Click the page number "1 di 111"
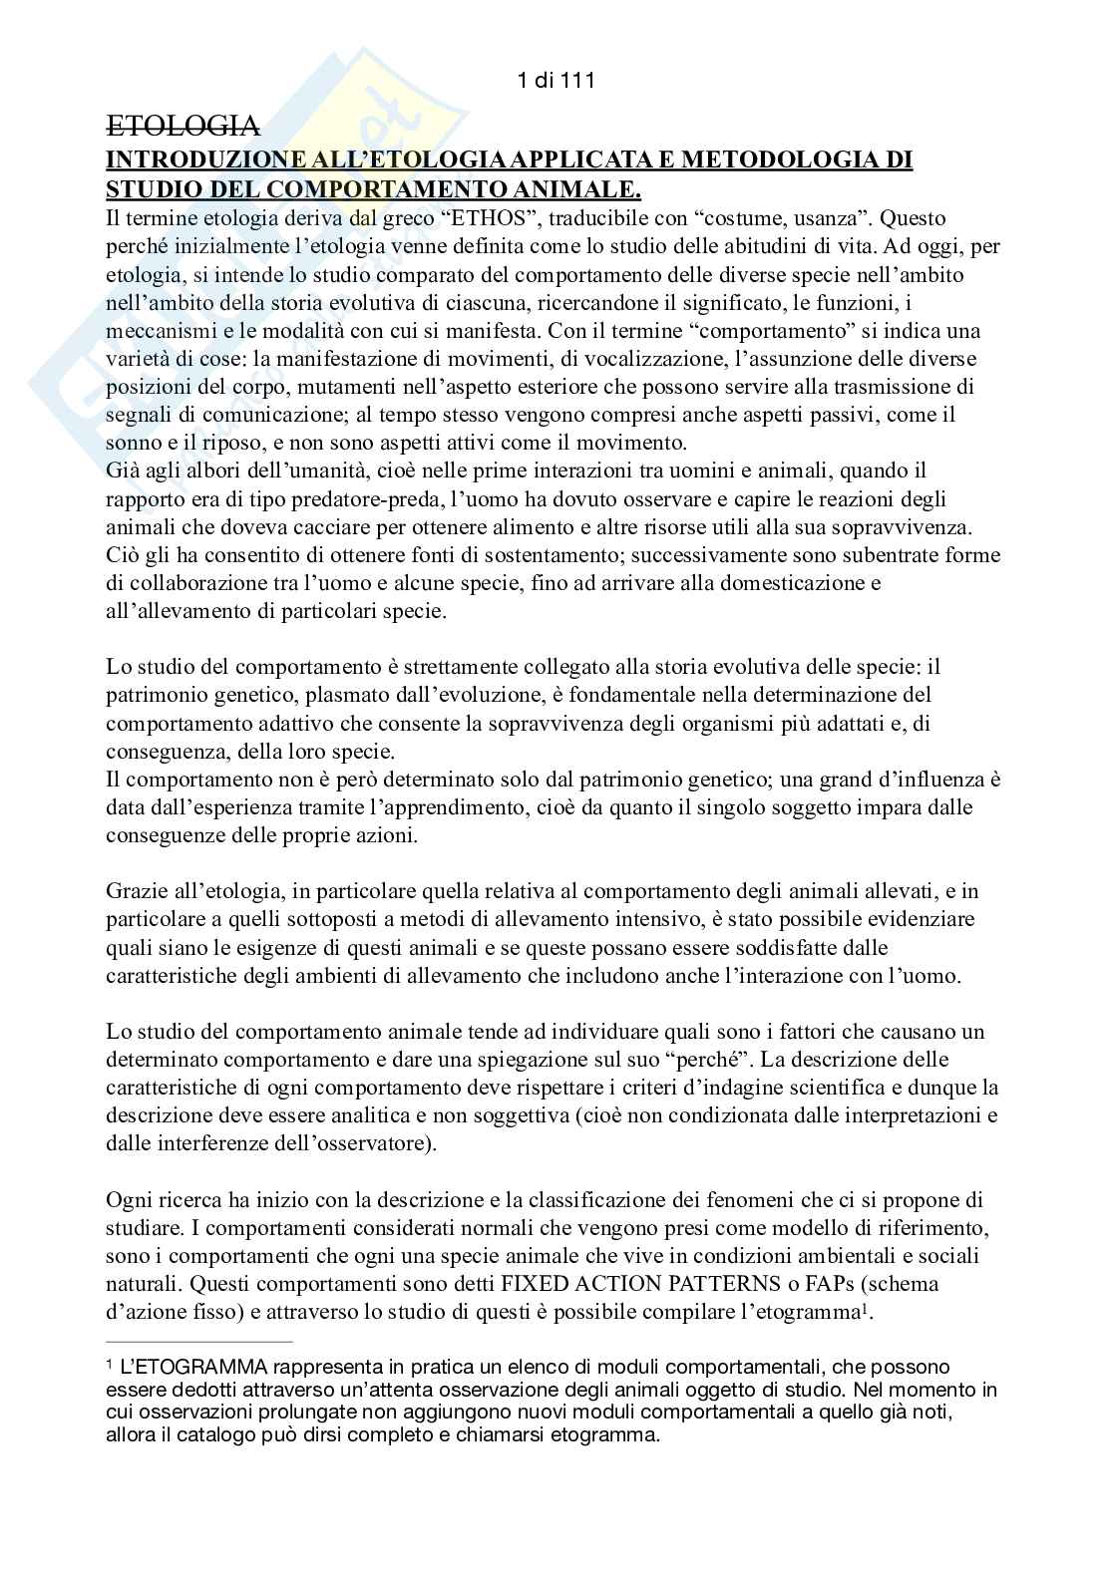pos(556,82)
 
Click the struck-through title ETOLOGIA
pos(183,127)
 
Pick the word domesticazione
pos(803,582)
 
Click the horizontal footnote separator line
pos(198,1342)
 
